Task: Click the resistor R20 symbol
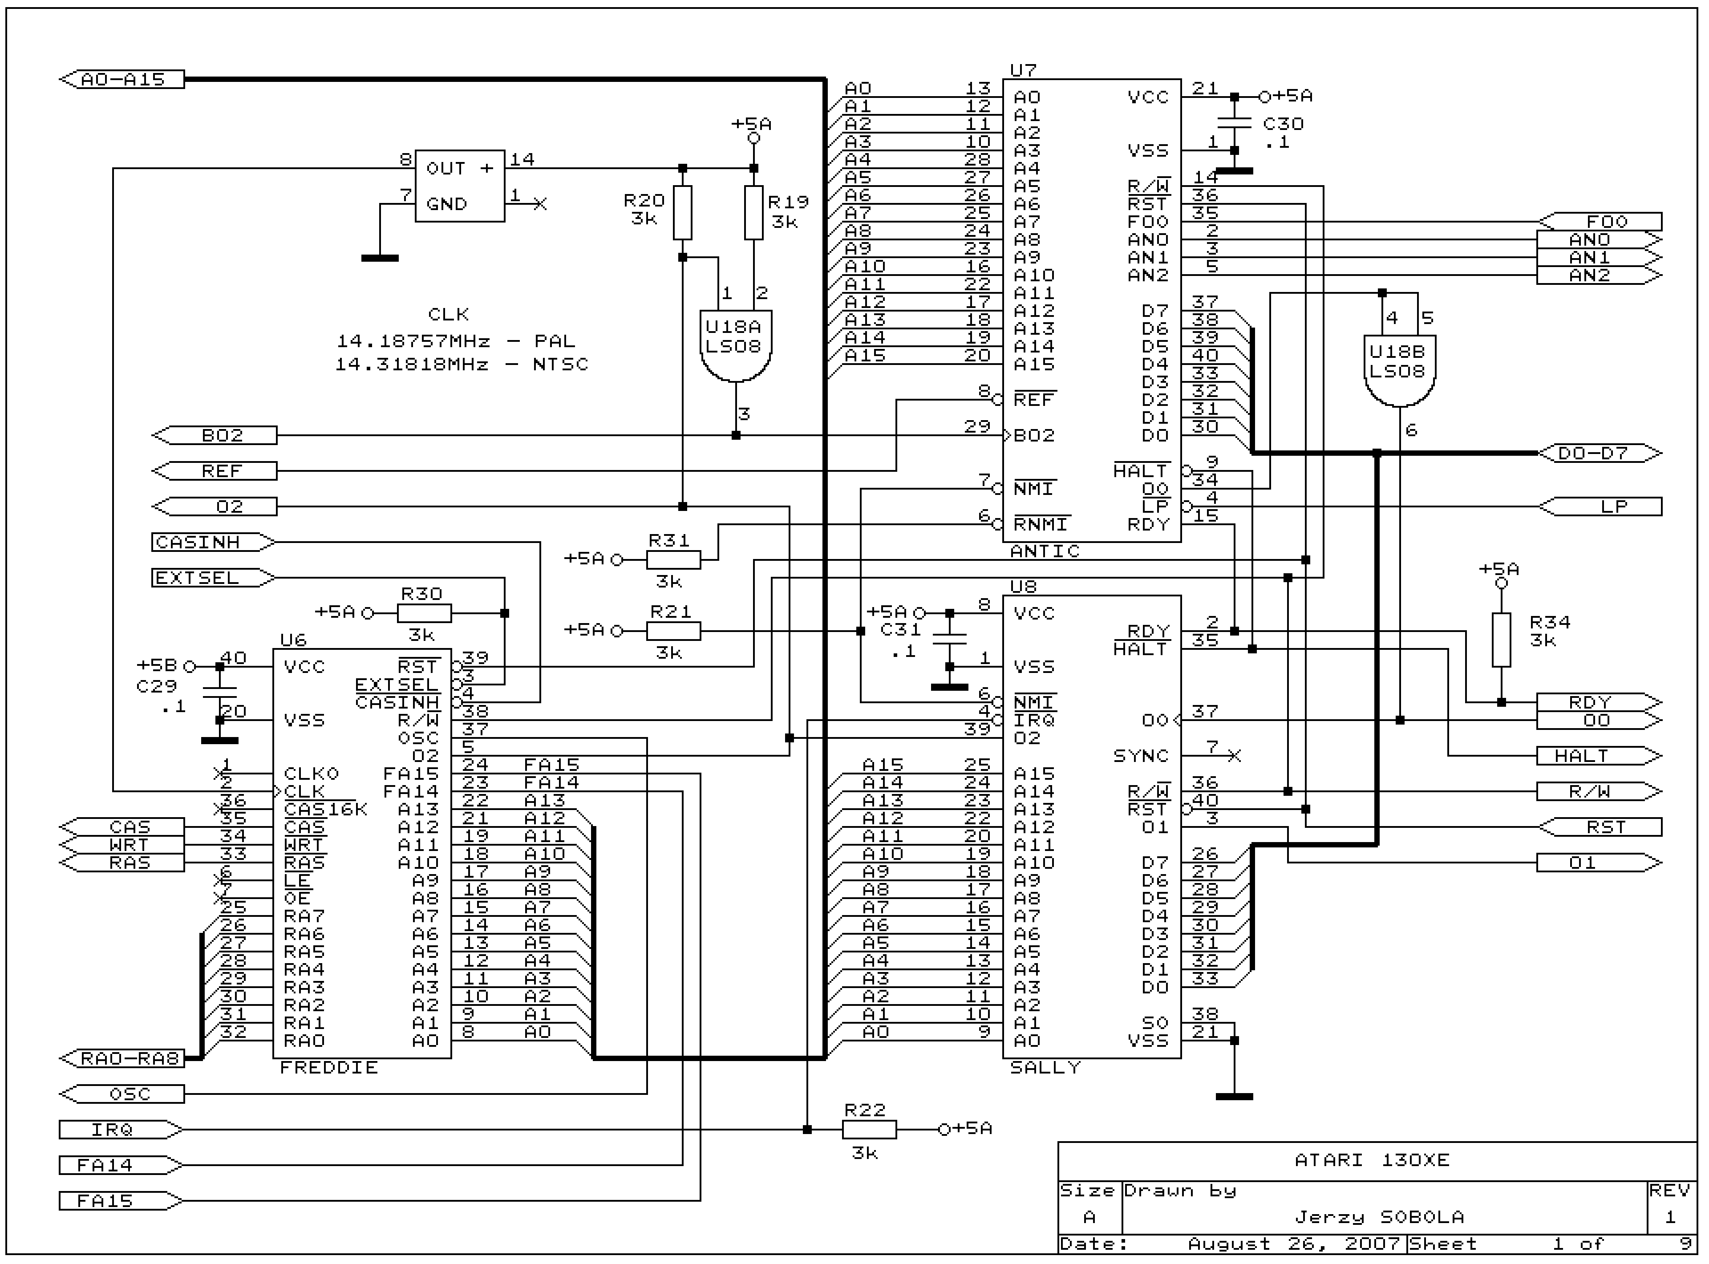click(682, 213)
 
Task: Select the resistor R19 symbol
click(753, 213)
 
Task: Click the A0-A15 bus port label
click(122, 80)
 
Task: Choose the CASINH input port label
click(213, 543)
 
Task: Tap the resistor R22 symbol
click(869, 1129)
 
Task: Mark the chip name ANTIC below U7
click(1045, 551)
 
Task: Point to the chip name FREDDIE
click(329, 1068)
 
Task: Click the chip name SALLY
click(1045, 1068)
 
